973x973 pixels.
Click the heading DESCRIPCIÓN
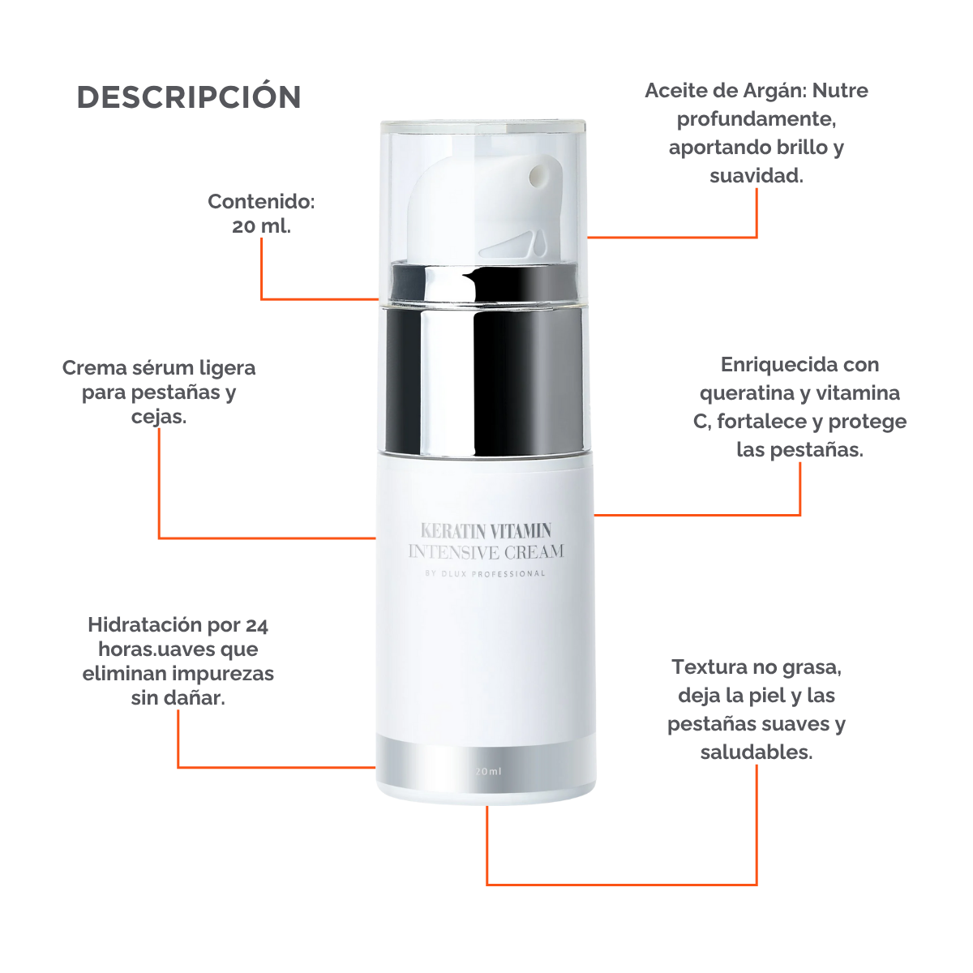[189, 97]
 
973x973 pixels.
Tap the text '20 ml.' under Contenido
[261, 226]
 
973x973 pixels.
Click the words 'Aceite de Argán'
[724, 91]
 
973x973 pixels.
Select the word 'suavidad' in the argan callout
[755, 176]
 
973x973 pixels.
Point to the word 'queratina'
[740, 393]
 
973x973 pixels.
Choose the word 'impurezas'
[230, 674]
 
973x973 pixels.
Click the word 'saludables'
[756, 752]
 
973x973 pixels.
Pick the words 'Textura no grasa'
[757, 667]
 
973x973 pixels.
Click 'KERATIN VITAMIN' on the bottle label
[486, 531]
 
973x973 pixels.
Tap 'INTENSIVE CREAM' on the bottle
[486, 552]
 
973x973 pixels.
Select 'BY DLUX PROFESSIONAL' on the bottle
[486, 574]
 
